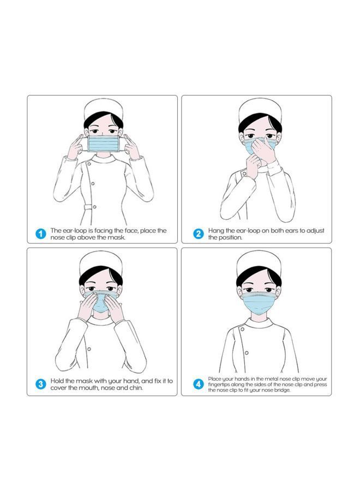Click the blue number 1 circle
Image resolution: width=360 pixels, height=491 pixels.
coord(40,234)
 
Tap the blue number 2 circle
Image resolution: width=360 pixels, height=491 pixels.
coord(199,234)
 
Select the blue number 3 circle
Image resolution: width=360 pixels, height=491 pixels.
coord(40,384)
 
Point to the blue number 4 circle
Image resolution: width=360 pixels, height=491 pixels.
coord(199,384)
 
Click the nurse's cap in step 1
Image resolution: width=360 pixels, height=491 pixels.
coord(104,109)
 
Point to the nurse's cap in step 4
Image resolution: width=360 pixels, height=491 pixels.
coord(259,261)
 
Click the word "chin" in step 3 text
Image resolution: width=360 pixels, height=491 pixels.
coord(135,388)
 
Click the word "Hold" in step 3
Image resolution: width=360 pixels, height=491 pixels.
coord(58,381)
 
